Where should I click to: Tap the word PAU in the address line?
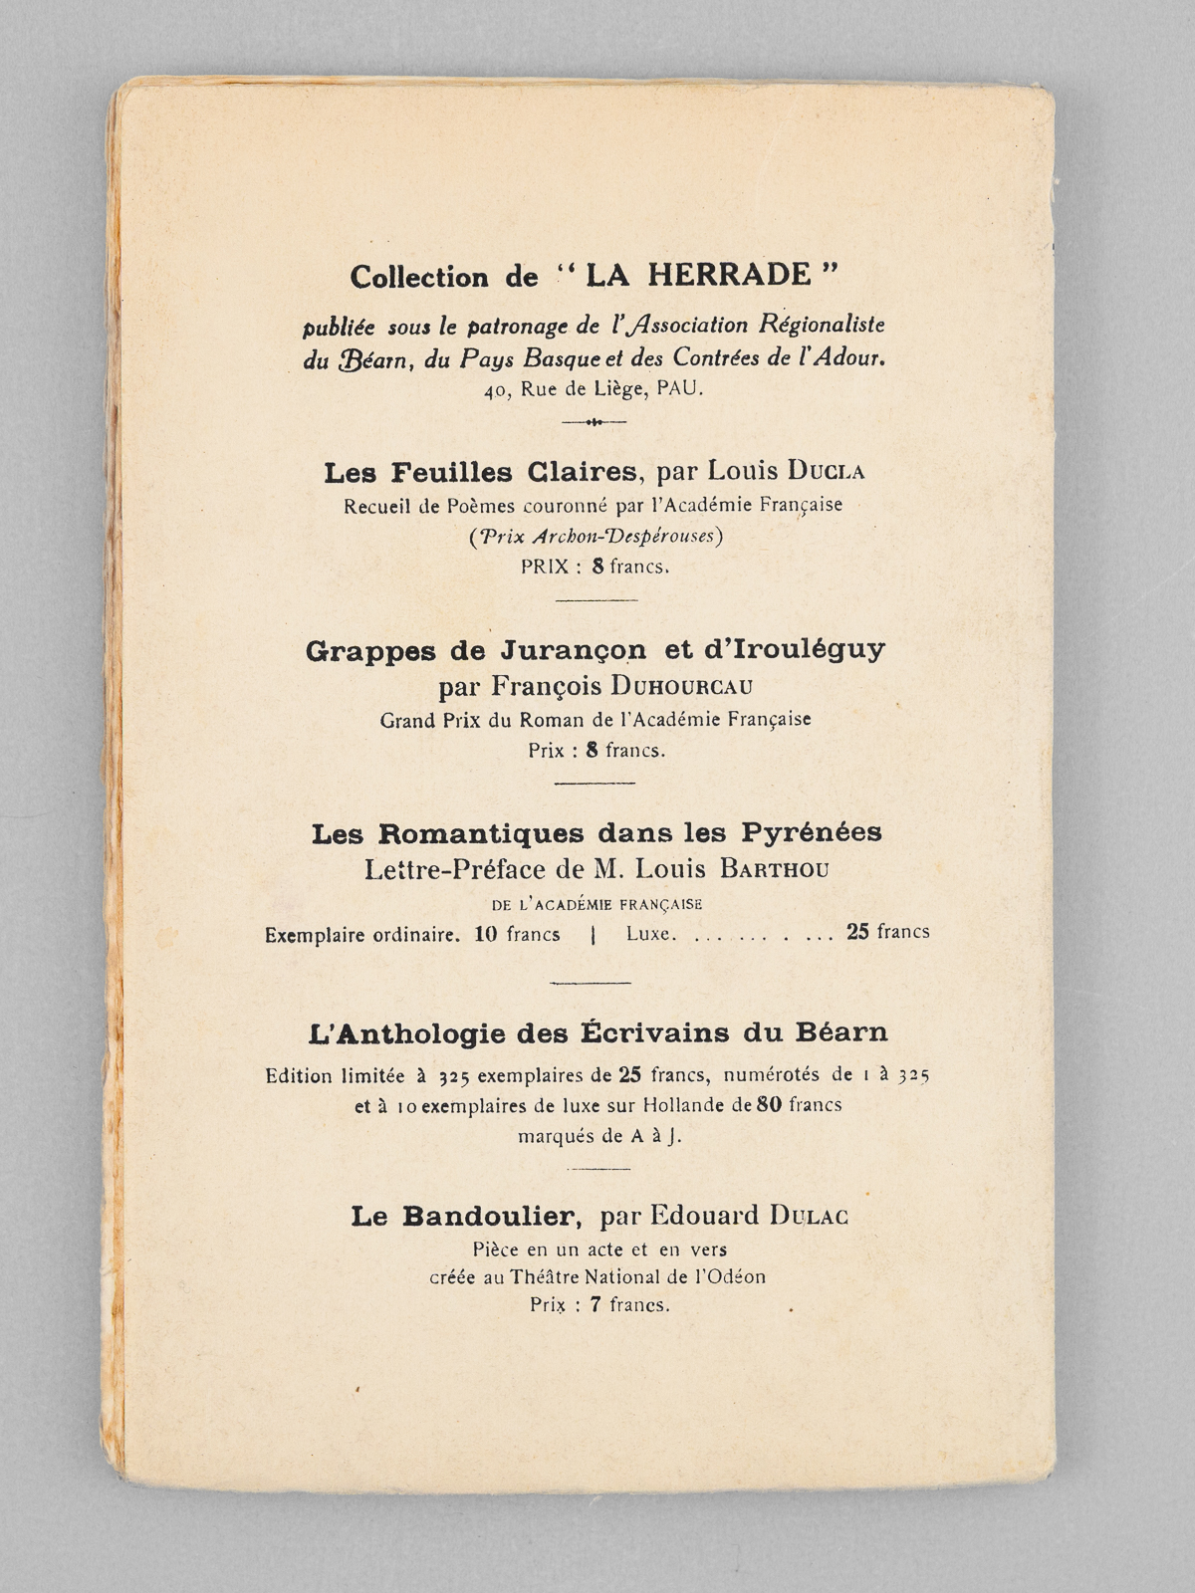679,389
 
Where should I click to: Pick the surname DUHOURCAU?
682,685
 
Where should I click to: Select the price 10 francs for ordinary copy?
517,935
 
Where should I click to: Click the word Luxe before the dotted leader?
651,935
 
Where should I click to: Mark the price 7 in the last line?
595,1305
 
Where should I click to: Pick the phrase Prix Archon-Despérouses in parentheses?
596,536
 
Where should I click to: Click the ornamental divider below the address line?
595,422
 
